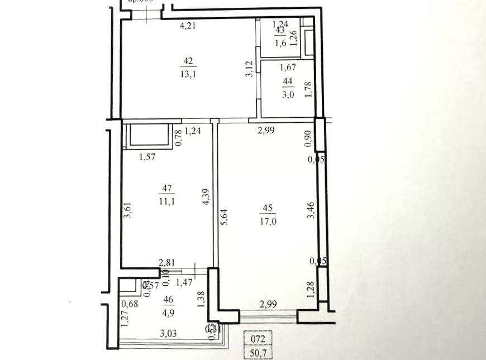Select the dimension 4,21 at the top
coord(188,25)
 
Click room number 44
coord(288,81)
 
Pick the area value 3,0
coord(288,95)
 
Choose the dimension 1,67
coord(287,68)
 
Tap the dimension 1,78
coord(308,89)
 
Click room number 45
coord(267,209)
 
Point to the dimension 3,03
coord(170,334)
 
